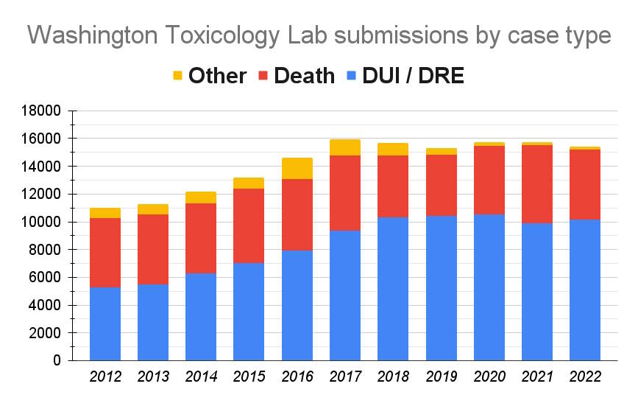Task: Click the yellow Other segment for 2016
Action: point(297,168)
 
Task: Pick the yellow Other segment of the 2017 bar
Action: point(345,147)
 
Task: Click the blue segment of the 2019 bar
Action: point(442,288)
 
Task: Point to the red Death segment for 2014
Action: point(201,238)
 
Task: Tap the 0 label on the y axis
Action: point(57,361)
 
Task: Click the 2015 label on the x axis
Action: point(249,377)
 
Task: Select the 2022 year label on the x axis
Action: point(585,377)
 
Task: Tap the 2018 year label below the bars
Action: point(393,377)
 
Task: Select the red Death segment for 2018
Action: point(393,186)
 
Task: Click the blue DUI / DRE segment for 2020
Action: point(489,287)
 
